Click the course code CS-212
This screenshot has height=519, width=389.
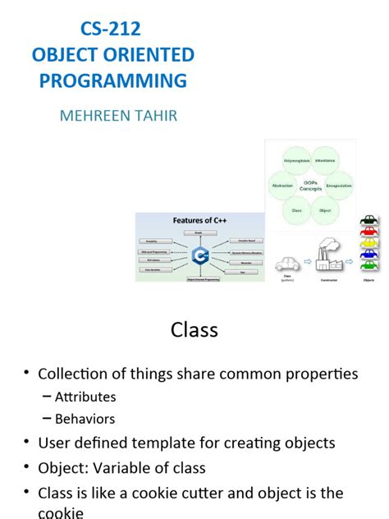point(110,29)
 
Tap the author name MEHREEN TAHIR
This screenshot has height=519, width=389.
point(118,115)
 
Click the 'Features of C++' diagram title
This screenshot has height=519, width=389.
point(199,220)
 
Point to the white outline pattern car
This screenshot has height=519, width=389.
point(287,264)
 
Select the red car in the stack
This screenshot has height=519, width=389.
point(368,232)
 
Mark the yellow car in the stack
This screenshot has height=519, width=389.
point(368,243)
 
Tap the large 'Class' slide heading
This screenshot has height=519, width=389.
point(194,330)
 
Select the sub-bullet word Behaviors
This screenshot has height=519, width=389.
point(85,419)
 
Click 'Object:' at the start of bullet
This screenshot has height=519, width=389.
point(63,467)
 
